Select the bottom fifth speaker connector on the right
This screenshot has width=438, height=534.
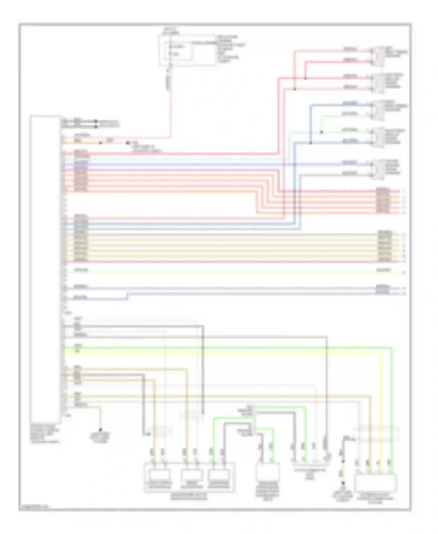378,169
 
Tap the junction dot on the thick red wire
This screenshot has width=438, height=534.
305,78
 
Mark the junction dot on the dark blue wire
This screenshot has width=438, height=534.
310,143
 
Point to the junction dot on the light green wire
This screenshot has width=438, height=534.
321,132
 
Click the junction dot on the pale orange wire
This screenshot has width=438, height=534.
295,89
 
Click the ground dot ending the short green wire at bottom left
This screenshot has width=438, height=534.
100,430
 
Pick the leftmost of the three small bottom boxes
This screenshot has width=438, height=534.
159,475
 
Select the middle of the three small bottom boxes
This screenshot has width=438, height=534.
191,475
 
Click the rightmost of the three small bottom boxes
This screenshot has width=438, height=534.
219,475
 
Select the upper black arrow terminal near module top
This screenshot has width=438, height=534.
96,121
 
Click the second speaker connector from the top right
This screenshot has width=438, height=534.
378,83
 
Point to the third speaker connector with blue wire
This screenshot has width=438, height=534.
378,110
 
